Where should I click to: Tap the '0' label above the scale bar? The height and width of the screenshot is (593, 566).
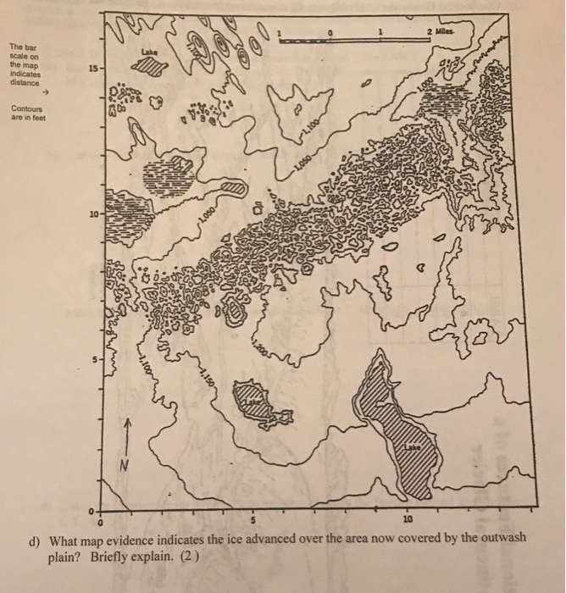point(331,32)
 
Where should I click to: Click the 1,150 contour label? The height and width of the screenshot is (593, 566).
point(206,371)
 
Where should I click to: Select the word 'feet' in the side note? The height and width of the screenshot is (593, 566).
point(42,119)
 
